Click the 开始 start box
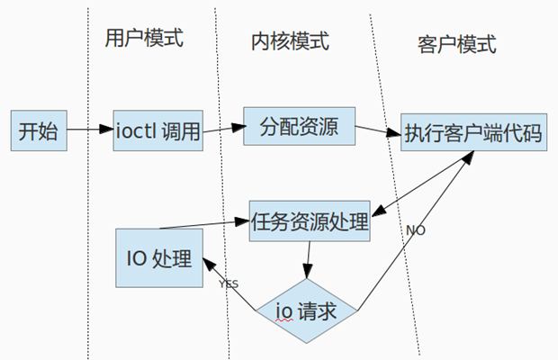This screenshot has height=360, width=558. pos(38,131)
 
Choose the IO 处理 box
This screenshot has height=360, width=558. pos(157,258)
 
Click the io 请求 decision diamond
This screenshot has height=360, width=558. pos(306,311)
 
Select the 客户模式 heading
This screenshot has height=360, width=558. pos(457,44)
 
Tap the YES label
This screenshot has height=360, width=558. pos(228,283)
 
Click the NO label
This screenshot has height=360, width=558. pos(415,230)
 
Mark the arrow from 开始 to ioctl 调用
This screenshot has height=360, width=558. pos(90,131)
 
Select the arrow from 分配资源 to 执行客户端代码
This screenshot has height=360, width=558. pos(378,131)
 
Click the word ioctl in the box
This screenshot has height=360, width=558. pos(136,132)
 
